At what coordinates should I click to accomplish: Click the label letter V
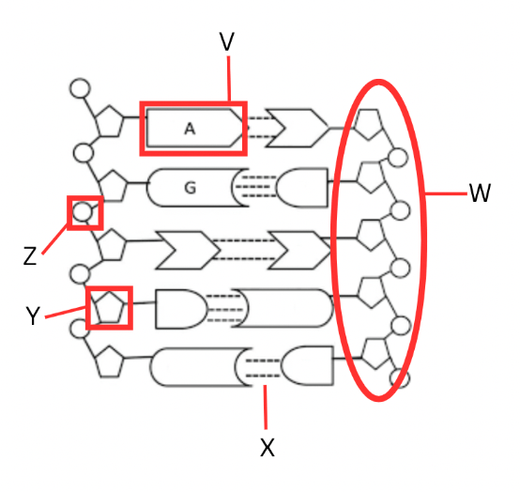tap(227, 41)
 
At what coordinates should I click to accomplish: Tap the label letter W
tap(480, 192)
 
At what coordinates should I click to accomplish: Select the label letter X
tap(268, 447)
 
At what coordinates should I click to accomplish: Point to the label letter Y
tap(33, 315)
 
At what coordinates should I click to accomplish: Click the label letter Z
tap(30, 255)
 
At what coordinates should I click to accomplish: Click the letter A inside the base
tap(190, 129)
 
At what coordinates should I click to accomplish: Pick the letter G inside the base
tap(190, 188)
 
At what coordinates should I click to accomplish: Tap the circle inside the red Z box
tap(82, 212)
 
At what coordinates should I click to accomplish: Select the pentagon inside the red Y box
tap(110, 307)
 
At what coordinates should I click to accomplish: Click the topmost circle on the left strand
tap(80, 88)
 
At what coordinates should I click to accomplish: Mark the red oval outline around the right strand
tap(333, 238)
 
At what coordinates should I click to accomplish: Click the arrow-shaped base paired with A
tap(297, 128)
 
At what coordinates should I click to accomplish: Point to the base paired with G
tap(302, 188)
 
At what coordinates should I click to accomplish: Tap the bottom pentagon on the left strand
tap(110, 361)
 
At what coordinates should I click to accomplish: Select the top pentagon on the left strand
tap(110, 121)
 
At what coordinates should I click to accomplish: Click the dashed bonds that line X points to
tap(263, 368)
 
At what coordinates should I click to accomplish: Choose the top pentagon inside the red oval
tap(368, 124)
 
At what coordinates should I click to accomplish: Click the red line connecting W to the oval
tap(447, 193)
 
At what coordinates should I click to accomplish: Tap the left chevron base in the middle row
tap(188, 251)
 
